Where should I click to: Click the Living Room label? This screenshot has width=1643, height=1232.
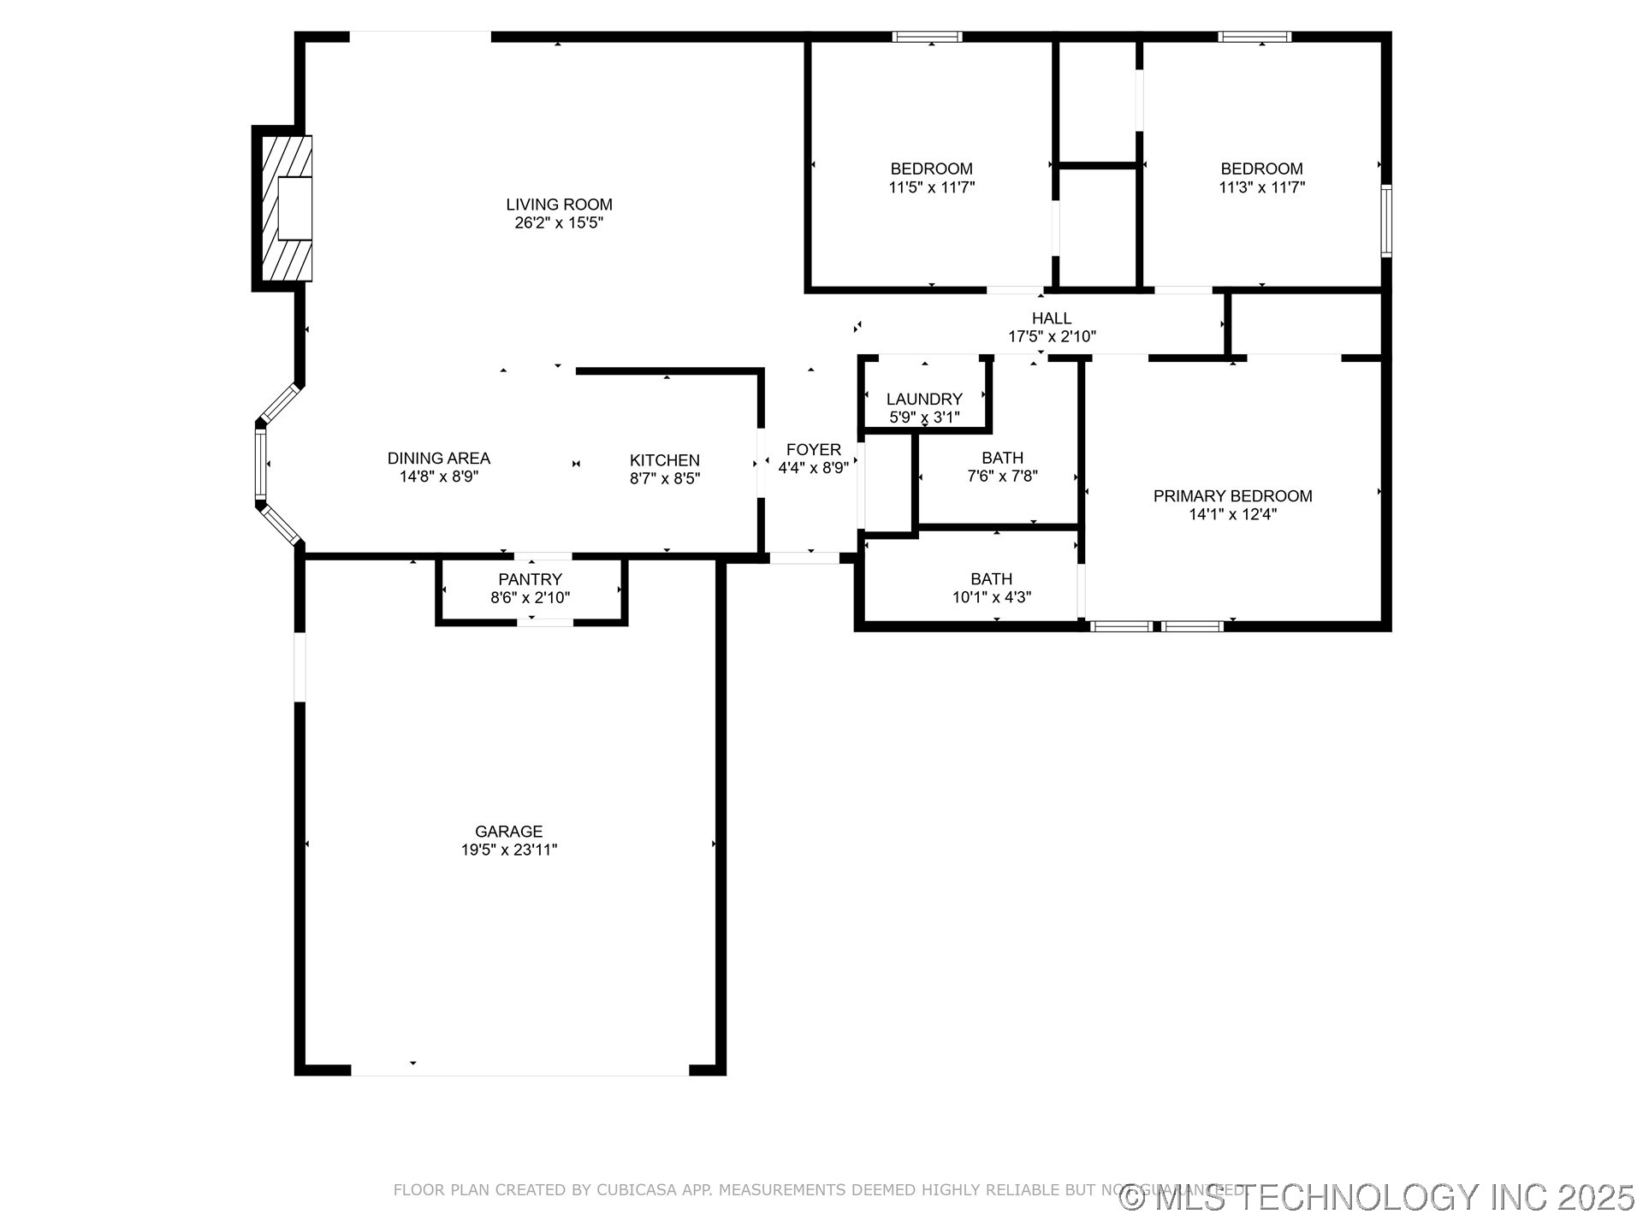(x=559, y=204)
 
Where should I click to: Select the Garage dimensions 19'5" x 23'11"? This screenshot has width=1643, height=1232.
(x=509, y=850)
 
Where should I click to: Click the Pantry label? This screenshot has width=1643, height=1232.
(x=530, y=579)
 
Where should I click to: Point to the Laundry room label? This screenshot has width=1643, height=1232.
(x=924, y=399)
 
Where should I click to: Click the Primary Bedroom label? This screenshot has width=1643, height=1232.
(x=1232, y=496)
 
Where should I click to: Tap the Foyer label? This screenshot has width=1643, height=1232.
(x=813, y=450)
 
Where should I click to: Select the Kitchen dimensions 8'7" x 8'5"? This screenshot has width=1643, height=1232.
(x=665, y=479)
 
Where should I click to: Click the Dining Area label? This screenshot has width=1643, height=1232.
(x=438, y=459)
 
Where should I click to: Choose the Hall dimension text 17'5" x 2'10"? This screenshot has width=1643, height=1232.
(x=1052, y=337)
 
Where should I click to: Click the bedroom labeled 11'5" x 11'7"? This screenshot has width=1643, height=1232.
(x=931, y=169)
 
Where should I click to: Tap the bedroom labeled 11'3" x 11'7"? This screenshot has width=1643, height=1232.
(x=1261, y=169)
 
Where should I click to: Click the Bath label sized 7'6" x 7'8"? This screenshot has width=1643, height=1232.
(x=1002, y=459)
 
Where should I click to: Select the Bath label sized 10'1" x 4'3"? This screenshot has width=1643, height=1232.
(x=991, y=579)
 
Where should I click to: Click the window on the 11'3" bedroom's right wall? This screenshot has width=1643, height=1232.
(x=1386, y=221)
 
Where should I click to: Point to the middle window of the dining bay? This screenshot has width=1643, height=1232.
(x=260, y=464)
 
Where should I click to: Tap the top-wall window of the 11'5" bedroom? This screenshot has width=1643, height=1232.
(x=927, y=37)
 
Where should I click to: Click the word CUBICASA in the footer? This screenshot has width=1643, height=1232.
(x=637, y=1190)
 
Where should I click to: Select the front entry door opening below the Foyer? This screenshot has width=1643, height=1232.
(x=804, y=559)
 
